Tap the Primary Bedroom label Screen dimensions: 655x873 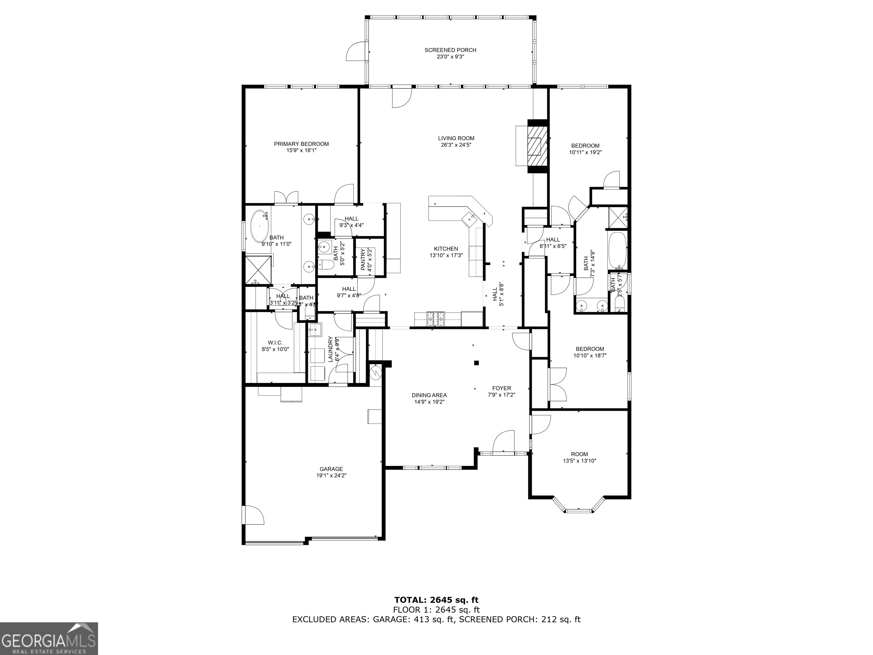point(301,144)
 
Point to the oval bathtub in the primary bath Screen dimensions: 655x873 point(259,227)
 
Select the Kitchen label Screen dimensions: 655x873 point(446,249)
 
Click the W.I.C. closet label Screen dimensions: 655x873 point(275,343)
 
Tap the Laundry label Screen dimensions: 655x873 point(331,349)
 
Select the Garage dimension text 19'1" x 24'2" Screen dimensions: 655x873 point(331,476)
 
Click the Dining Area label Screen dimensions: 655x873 point(429,395)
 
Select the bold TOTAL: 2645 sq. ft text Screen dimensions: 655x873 point(436,600)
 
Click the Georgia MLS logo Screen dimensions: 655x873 point(49,639)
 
